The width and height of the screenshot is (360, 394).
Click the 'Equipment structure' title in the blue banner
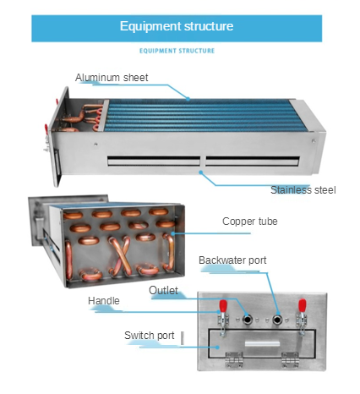pyautogui.click(x=177, y=26)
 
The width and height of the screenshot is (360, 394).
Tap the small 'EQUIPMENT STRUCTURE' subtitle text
pyautogui.click(x=177, y=51)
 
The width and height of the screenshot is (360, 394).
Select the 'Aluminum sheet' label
pyautogui.click(x=112, y=78)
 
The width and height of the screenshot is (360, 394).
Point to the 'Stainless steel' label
pyautogui.click(x=303, y=190)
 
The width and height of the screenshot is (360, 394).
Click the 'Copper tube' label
pyautogui.click(x=250, y=222)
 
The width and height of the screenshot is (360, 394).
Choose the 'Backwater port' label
pyautogui.click(x=232, y=260)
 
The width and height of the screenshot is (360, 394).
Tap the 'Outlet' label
pyautogui.click(x=163, y=290)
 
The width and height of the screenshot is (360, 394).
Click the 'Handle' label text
pyautogui.click(x=104, y=301)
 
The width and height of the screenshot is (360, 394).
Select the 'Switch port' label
pyautogui.click(x=150, y=336)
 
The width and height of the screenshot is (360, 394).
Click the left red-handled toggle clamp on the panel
pyautogui.click(x=223, y=317)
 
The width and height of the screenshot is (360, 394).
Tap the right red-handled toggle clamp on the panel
pyautogui.click(x=302, y=317)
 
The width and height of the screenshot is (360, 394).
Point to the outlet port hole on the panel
pyautogui.click(x=248, y=320)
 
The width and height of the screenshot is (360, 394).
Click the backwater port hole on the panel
pyautogui.click(x=277, y=320)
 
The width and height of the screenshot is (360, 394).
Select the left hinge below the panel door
pyautogui.click(x=234, y=359)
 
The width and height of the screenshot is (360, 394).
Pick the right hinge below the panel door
pyautogui.click(x=290, y=359)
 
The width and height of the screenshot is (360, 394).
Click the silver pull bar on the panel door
pyautogui.click(x=262, y=344)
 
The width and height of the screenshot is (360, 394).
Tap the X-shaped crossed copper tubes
pyautogui.click(x=121, y=254)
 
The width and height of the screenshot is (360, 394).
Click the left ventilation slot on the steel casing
pyautogui.click(x=154, y=161)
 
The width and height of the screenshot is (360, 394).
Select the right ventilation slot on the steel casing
pyautogui.click(x=252, y=161)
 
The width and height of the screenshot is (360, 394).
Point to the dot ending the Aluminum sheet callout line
pyautogui.click(x=188, y=99)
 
